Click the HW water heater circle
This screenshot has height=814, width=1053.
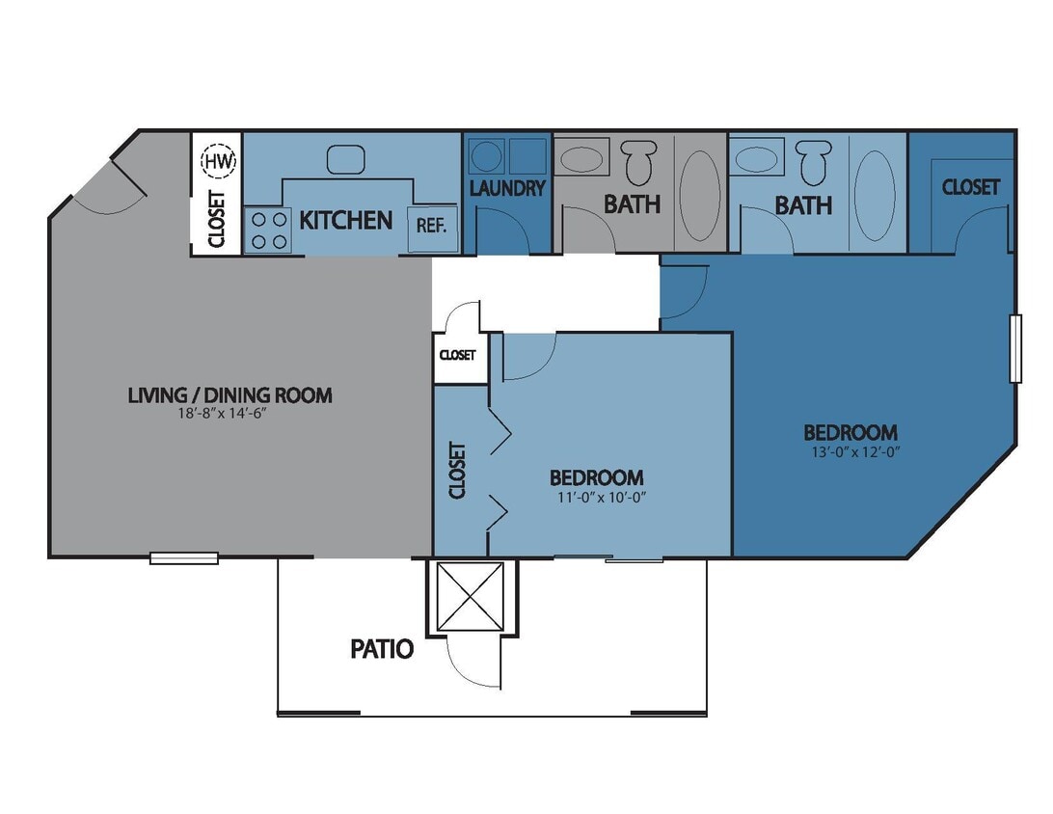click(218, 160)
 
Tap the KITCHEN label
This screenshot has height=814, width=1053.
click(346, 220)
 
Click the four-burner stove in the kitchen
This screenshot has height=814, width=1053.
click(267, 231)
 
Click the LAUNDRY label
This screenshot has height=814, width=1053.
click(507, 188)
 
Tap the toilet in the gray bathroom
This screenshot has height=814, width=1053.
click(637, 161)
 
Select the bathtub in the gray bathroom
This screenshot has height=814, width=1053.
click(699, 194)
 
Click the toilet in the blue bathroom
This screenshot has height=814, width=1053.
click(816, 161)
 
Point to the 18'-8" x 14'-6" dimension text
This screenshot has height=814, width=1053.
click(229, 414)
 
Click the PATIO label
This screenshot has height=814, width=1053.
click(382, 649)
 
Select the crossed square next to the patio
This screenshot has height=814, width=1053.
click(471, 596)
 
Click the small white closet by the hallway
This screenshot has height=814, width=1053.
click(458, 355)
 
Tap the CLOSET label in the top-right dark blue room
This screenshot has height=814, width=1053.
click(970, 187)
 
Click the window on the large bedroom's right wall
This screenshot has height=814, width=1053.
click(1014, 348)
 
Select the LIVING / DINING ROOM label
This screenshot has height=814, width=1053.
click(229, 394)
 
